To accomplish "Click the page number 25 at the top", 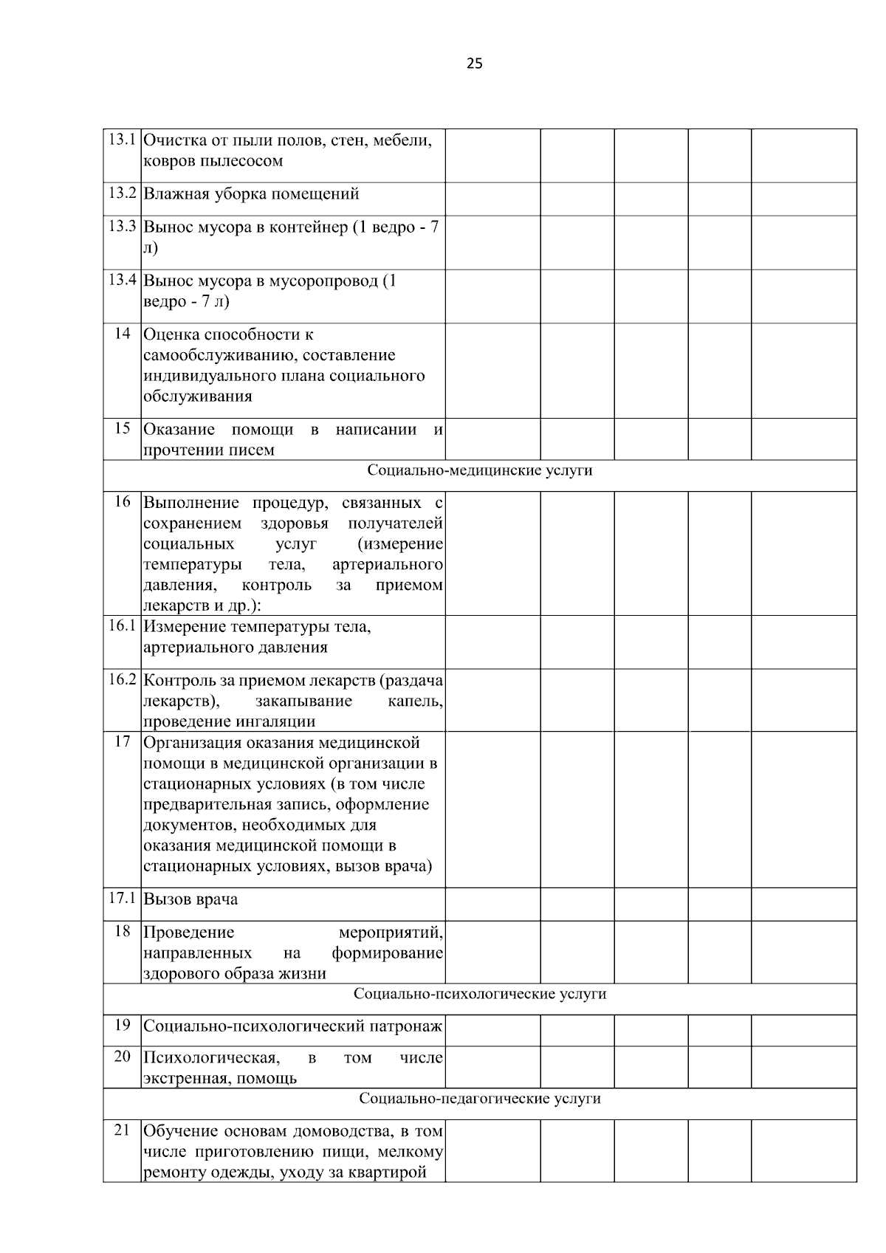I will [475, 63].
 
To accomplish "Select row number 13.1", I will [122, 139].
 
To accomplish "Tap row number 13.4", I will [122, 280].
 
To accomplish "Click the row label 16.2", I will [122, 679].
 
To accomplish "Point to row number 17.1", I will [122, 899].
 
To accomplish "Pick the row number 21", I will [122, 1130].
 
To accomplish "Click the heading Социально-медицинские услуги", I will [480, 470].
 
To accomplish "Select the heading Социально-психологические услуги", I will [480, 994].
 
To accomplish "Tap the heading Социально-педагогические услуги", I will [480, 1099].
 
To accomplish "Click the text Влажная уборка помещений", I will [251, 194].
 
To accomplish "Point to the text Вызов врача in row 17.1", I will [190, 899].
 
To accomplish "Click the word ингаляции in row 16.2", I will [275, 721].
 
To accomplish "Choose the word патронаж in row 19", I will [407, 1026].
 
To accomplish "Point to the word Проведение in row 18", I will [188, 933].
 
